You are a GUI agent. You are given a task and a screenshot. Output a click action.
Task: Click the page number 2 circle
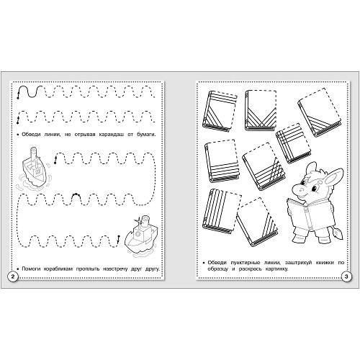point(13,276)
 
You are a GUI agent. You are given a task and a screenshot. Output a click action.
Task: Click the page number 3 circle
point(346,276)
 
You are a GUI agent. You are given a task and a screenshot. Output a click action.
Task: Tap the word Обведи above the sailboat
point(31,135)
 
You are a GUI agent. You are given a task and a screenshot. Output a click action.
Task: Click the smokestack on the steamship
point(145,221)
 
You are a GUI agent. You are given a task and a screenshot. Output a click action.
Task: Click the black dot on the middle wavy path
point(76,194)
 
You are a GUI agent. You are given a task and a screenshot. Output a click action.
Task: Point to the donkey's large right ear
point(333,177)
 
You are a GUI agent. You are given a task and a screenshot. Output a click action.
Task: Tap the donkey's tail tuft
point(338,234)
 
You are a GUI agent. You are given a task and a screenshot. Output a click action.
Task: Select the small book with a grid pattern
point(293,143)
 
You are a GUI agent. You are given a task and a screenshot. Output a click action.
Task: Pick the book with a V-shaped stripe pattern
point(261,110)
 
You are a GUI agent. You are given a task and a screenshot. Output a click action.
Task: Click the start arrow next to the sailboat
point(55,160)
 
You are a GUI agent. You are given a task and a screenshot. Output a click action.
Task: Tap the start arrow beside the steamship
point(118,239)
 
